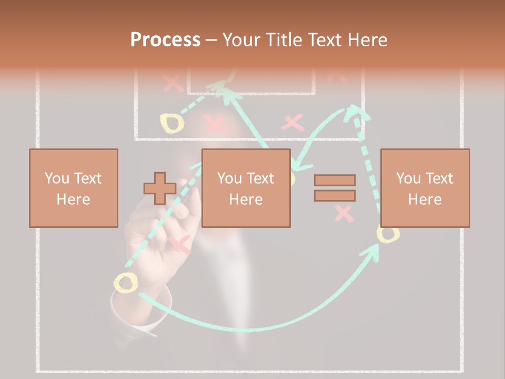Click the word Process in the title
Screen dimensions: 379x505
pyautogui.click(x=165, y=40)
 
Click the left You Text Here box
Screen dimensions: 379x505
pyautogui.click(x=73, y=188)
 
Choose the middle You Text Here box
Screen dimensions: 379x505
pyautogui.click(x=246, y=188)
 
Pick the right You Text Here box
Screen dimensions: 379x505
pyautogui.click(x=425, y=188)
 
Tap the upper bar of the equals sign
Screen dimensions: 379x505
pyautogui.click(x=335, y=181)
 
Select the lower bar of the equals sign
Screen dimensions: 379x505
pyautogui.click(x=335, y=195)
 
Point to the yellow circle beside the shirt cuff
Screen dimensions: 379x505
pyautogui.click(x=126, y=283)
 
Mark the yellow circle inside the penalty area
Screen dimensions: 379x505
pyautogui.click(x=172, y=123)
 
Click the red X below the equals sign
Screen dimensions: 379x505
pyautogui.click(x=344, y=213)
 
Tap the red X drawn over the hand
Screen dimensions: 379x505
pyautogui.click(x=179, y=245)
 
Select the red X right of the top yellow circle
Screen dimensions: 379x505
pyautogui.click(x=214, y=124)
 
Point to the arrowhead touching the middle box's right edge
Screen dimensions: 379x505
pyautogui.click(x=296, y=166)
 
